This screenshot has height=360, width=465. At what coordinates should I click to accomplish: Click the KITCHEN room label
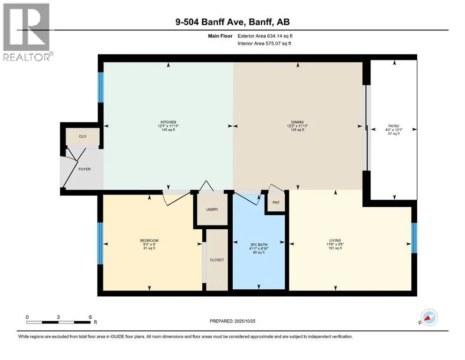click(168, 122)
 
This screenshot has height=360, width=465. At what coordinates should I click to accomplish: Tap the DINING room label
click(297, 122)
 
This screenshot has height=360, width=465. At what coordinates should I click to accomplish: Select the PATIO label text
click(394, 126)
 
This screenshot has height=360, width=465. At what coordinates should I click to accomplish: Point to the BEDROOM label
click(149, 240)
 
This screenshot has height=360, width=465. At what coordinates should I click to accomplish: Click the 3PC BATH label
click(258, 245)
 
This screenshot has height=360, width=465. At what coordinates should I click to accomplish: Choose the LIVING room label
click(335, 240)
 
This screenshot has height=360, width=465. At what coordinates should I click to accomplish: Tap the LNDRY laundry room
click(212, 210)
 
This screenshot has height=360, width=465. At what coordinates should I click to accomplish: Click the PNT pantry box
click(276, 202)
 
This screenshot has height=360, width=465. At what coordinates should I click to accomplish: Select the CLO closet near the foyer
click(82, 136)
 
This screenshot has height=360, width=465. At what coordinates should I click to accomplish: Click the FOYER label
click(84, 169)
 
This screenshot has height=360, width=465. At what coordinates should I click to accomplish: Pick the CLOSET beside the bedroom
click(217, 260)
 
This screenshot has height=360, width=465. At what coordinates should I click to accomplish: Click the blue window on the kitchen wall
click(101, 87)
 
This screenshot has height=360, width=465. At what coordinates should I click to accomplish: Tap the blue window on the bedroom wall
click(101, 243)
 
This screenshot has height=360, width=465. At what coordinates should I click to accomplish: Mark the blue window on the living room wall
click(414, 238)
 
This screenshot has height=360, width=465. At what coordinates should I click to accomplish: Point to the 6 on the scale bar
click(90, 317)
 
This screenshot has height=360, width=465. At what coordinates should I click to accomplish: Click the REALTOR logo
click(27, 32)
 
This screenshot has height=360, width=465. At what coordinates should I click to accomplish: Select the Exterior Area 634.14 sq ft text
click(265, 36)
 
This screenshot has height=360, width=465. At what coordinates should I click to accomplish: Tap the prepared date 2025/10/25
click(244, 321)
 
